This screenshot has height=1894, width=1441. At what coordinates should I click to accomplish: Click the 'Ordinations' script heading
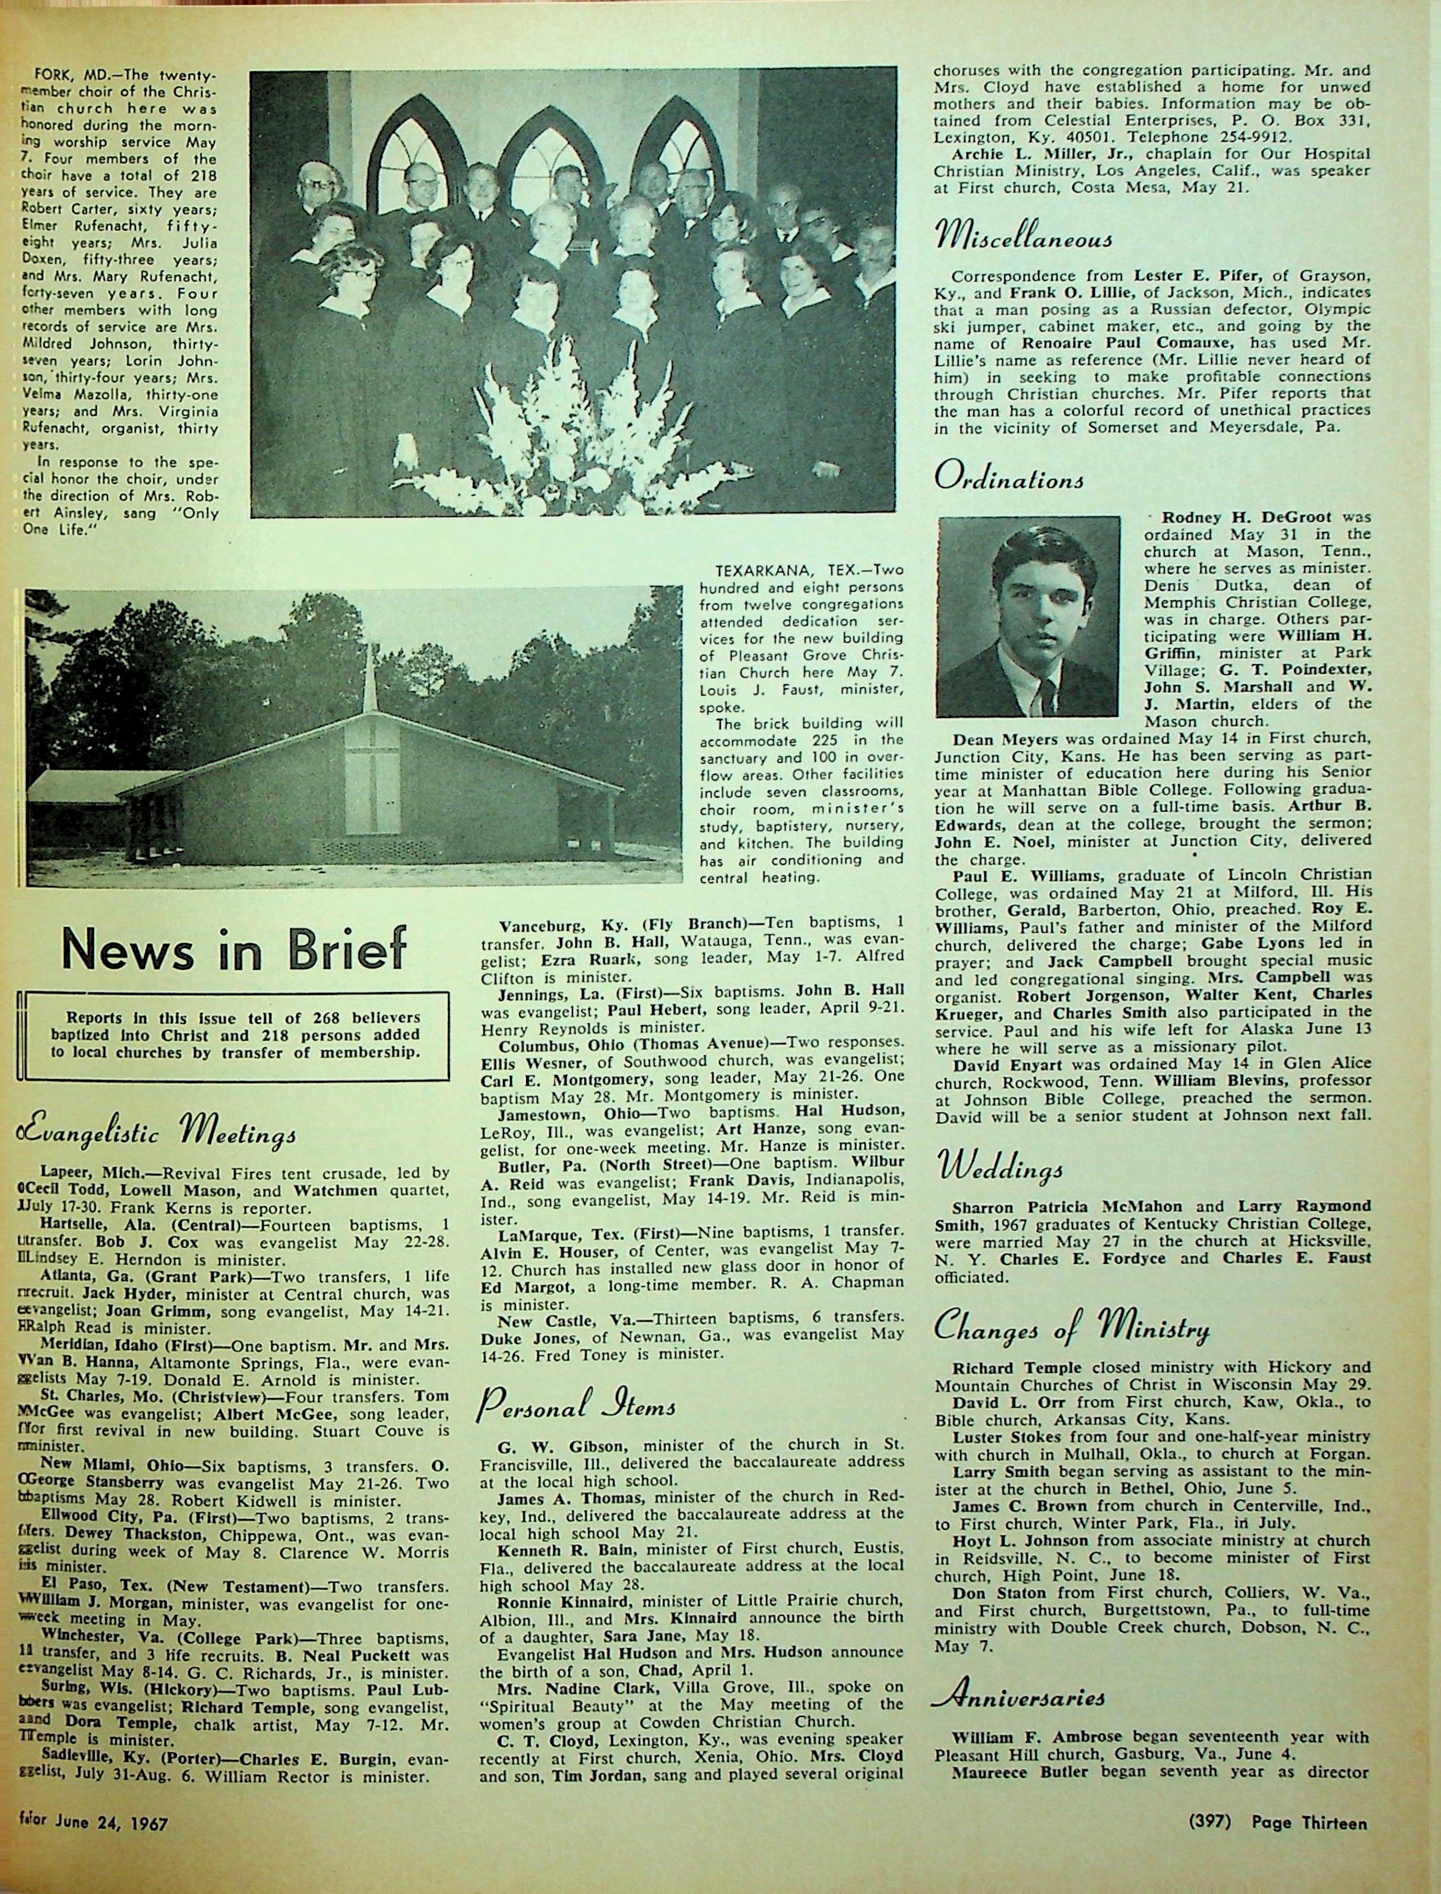click(x=1009, y=479)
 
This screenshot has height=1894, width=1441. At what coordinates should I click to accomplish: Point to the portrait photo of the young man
click(x=1028, y=616)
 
